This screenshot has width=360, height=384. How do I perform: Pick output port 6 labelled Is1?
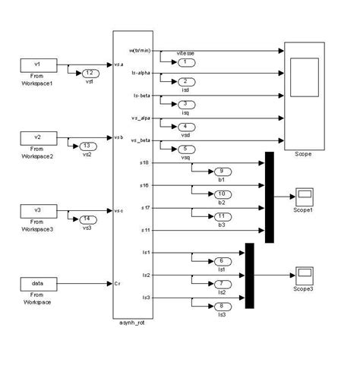[x=201, y=260]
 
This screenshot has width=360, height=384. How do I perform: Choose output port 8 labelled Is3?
[x=201, y=306]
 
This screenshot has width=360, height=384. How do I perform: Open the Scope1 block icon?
[x=305, y=194]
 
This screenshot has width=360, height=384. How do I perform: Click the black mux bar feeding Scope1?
[x=269, y=197]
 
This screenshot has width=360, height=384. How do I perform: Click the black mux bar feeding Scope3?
[x=249, y=275]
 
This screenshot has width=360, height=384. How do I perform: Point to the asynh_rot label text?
[x=132, y=324]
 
